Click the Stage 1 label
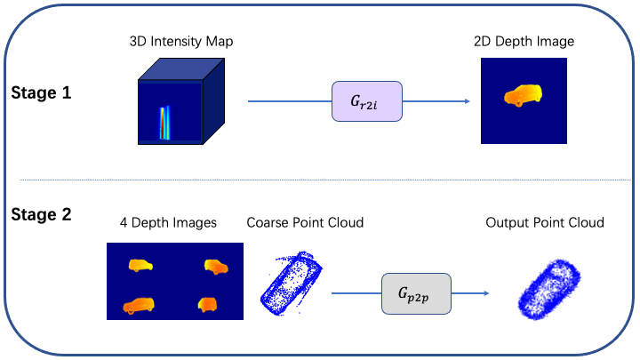click(43, 92)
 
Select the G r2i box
click(367, 101)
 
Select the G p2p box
click(416, 293)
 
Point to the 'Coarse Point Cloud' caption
click(305, 222)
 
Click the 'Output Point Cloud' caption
click(545, 222)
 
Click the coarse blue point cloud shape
click(291, 282)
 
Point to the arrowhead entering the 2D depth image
click(466, 101)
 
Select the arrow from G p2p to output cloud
click(471, 293)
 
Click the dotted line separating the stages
click(320, 180)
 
